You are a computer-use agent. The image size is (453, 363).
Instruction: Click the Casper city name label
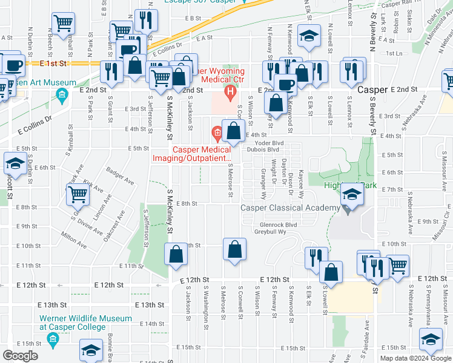click(372, 89)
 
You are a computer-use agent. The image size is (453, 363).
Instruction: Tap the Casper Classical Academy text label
click(290, 208)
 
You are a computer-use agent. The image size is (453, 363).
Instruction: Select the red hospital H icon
click(230, 92)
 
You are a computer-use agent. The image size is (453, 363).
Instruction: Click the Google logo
click(21, 356)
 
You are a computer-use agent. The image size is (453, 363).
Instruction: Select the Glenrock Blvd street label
click(275, 224)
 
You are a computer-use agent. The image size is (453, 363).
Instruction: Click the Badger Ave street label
click(120, 176)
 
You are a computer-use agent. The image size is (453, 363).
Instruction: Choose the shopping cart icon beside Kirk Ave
click(78, 194)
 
